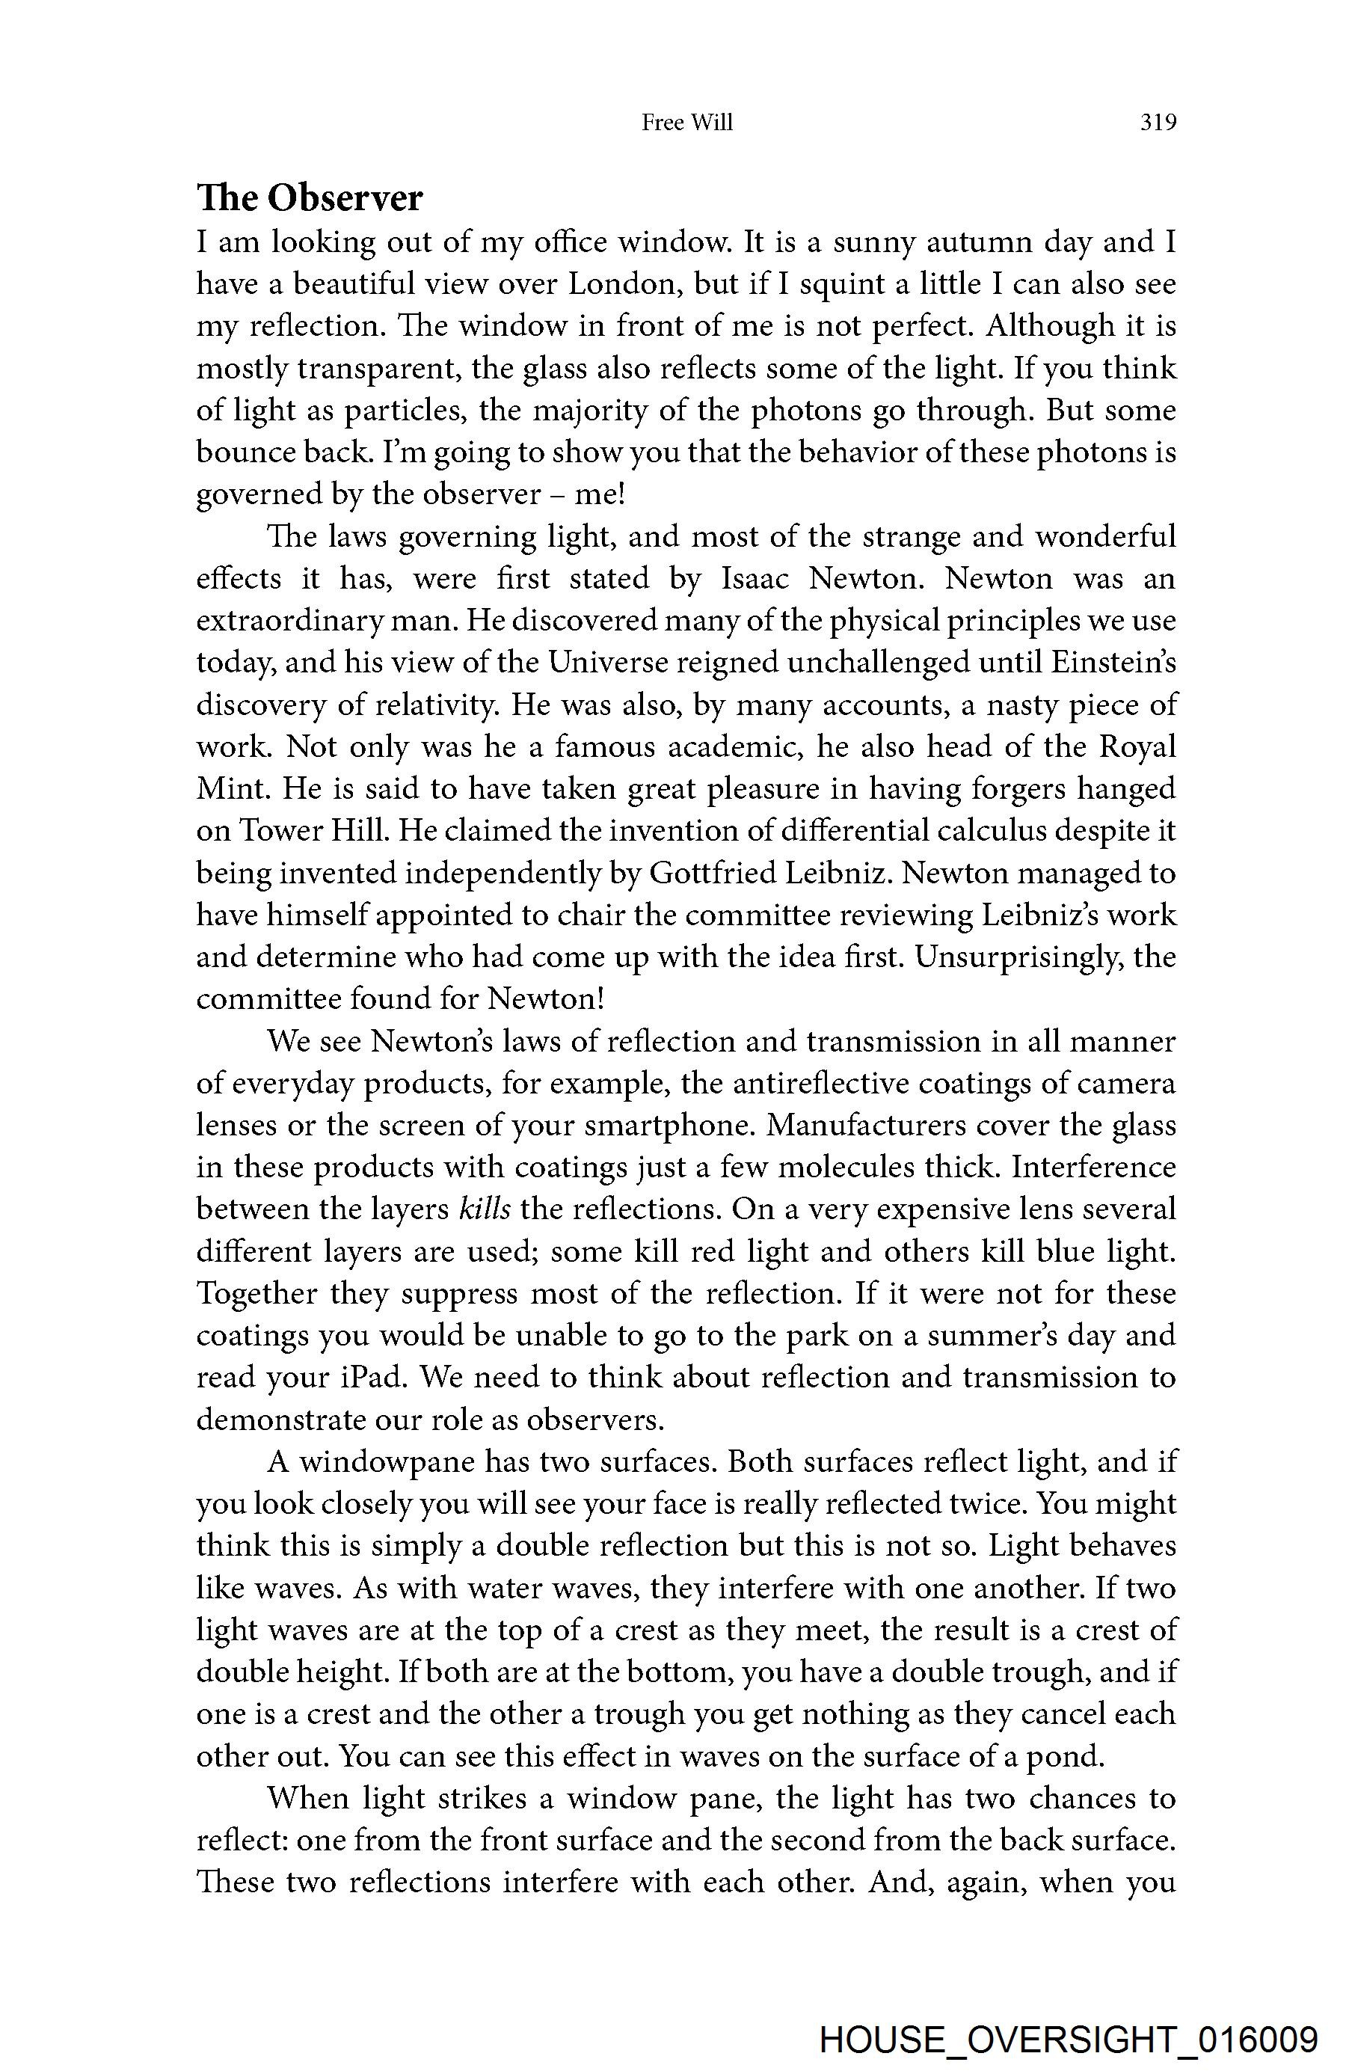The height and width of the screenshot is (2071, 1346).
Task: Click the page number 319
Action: [1158, 123]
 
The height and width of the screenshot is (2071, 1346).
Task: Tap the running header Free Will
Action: [686, 123]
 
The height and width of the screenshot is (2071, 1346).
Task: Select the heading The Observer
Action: [310, 198]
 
